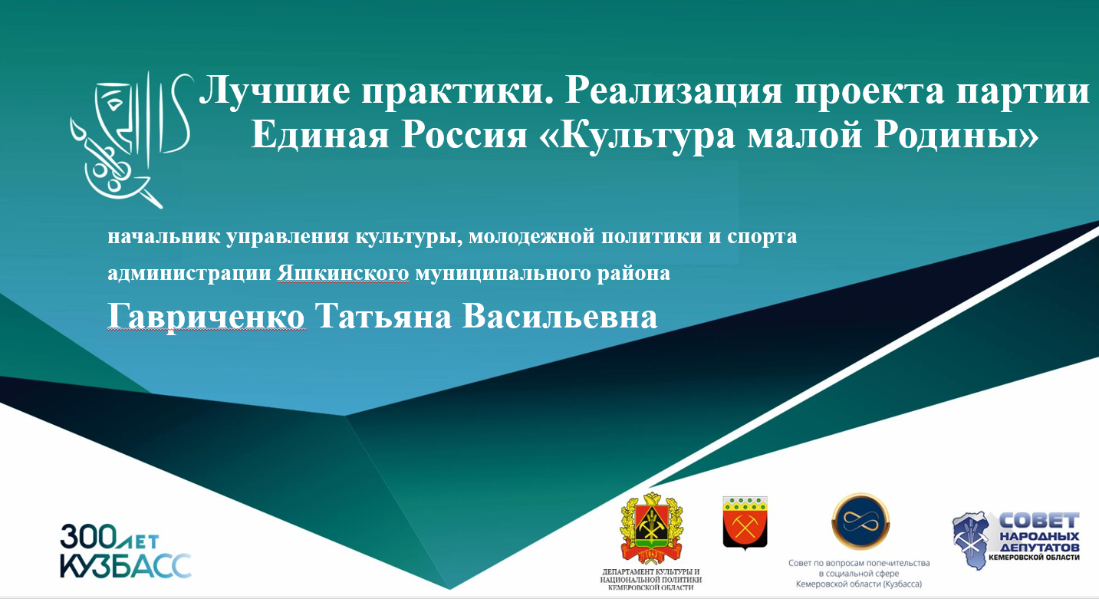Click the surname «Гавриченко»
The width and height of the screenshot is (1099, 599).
pos(206,317)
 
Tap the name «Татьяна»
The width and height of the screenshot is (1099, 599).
pos(383,317)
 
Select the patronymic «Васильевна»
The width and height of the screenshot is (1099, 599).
pos(559,317)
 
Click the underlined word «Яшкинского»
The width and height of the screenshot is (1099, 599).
pos(343,273)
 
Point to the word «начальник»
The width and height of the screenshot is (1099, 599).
pos(164,236)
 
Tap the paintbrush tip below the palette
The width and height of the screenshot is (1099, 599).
pos(159,205)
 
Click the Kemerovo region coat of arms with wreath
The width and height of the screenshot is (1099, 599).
pos(651,529)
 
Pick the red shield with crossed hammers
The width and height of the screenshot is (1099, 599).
pos(745,522)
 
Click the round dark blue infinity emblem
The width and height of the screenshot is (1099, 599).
pos(860,522)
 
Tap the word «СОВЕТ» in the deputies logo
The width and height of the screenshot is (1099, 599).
pos(1039,521)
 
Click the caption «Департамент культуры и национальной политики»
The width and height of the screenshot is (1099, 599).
pos(650,575)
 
